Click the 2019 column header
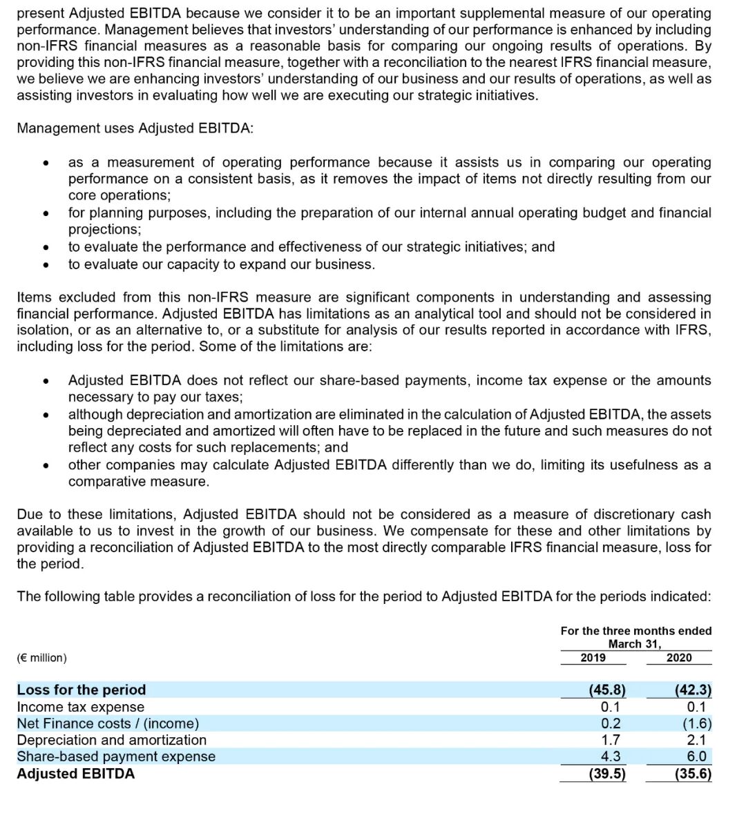click(593, 658)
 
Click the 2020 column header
click(678, 658)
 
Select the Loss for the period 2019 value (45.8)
click(607, 690)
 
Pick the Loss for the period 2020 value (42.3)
click(693, 690)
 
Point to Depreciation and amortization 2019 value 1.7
click(611, 740)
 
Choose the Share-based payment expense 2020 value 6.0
click(696, 756)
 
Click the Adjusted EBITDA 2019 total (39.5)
click(607, 774)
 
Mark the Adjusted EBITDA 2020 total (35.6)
click(693, 774)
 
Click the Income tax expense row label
click(81, 707)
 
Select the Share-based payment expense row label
click(116, 756)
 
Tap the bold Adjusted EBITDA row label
click(76, 774)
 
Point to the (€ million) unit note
click(42, 658)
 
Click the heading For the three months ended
click(635, 631)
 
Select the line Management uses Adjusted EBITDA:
click(135, 129)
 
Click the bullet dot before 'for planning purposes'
click(46, 213)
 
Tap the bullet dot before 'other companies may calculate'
click(46, 466)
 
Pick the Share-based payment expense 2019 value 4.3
click(611, 756)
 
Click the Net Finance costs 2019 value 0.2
click(611, 723)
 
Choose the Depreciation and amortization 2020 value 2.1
click(696, 740)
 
